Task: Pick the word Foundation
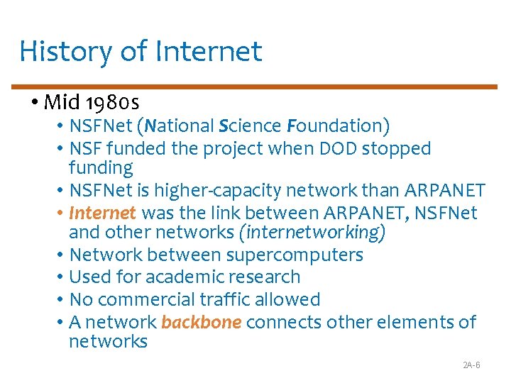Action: pos(338,126)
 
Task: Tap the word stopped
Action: pos(402,149)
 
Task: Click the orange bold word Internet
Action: pos(102,213)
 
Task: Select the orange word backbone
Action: pos(202,322)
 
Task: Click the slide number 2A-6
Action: pos(471,365)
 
